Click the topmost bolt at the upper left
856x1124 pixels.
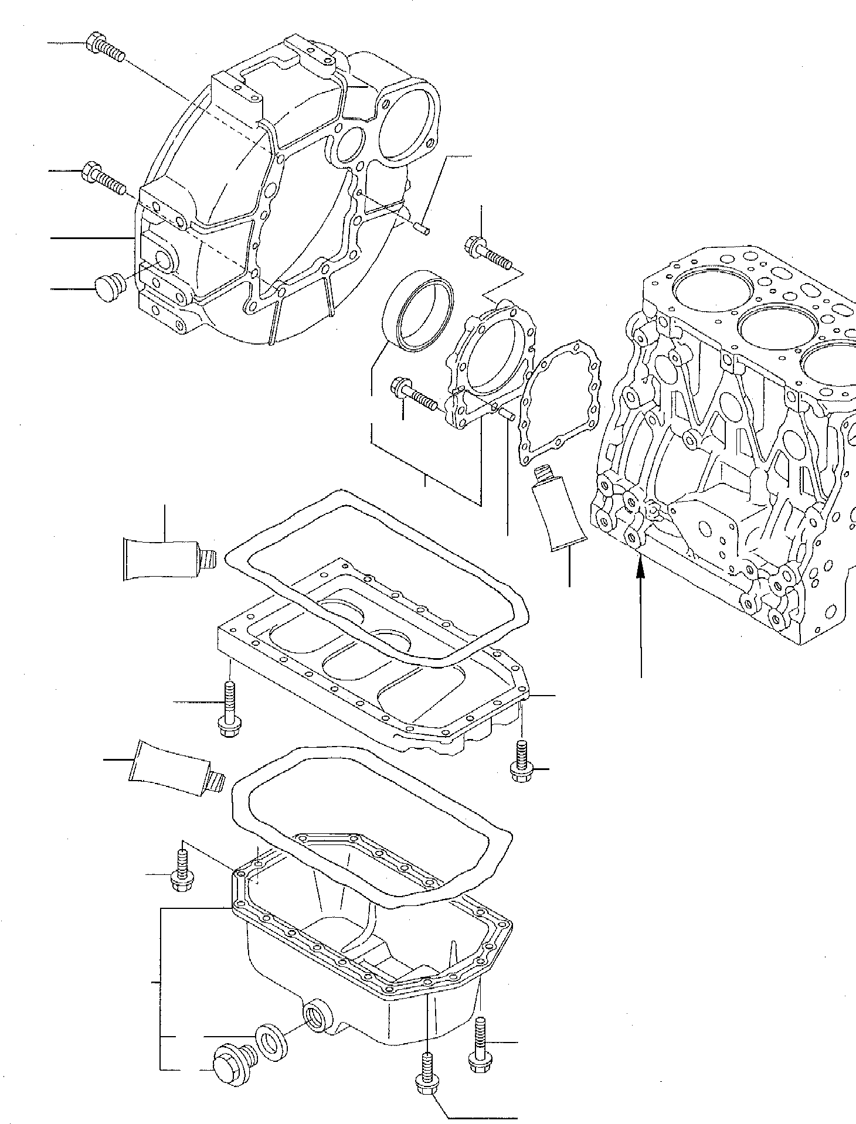click(106, 49)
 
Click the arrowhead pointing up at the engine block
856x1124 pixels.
click(640, 564)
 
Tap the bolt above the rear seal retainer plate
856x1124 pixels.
click(487, 252)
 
